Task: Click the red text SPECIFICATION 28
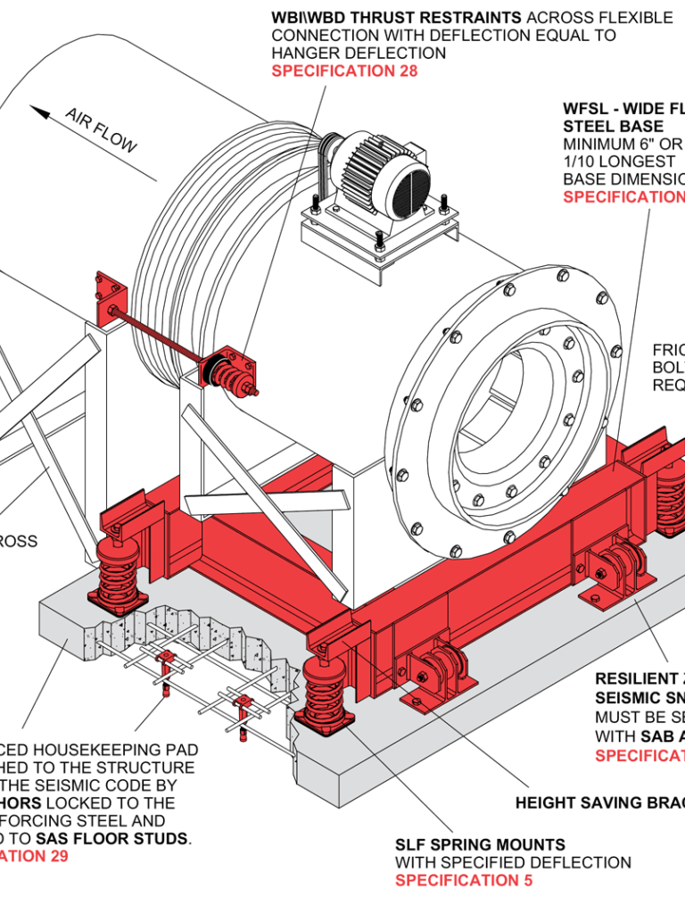tap(344, 71)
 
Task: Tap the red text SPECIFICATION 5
tap(464, 881)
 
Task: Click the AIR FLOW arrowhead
tap(38, 112)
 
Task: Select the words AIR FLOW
tap(100, 130)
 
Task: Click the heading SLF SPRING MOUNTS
tap(480, 844)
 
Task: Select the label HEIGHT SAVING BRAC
tap(599, 803)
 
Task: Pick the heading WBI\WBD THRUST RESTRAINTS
tap(397, 17)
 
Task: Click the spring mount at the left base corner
tap(115, 571)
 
